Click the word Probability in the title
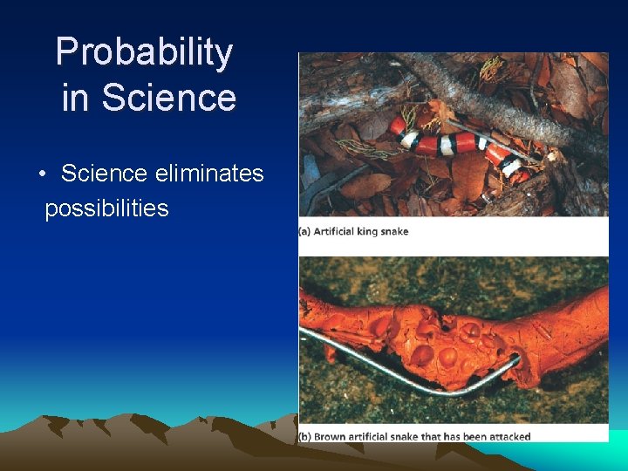click(144, 53)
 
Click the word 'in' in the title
click(74, 98)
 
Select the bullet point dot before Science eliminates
click(42, 174)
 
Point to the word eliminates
click(209, 174)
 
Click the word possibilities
click(106, 208)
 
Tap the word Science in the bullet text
click(104, 174)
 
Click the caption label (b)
click(306, 436)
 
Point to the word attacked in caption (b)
click(508, 436)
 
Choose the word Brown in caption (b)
click(332, 436)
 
